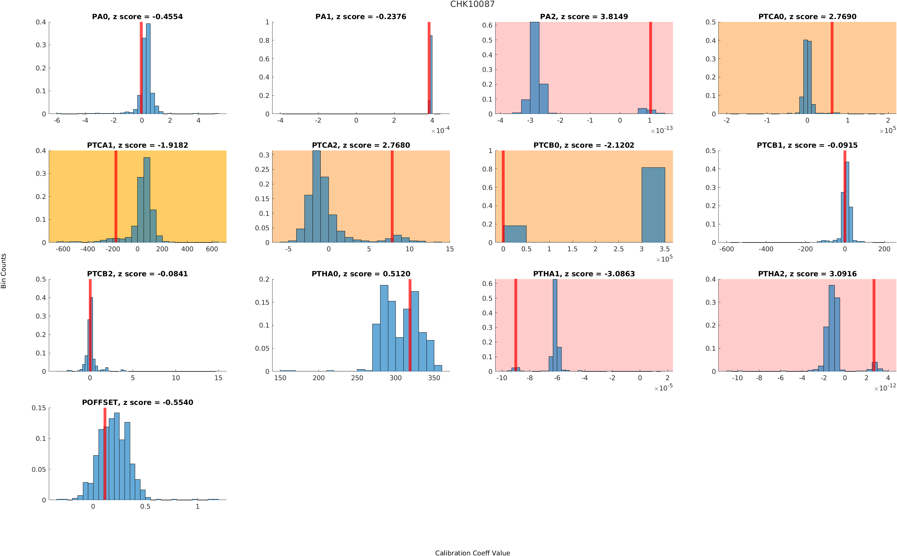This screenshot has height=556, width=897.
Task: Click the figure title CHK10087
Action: tap(472, 4)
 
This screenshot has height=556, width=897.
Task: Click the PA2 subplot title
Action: tap(584, 17)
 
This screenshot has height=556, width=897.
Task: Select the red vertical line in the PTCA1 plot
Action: tap(116, 196)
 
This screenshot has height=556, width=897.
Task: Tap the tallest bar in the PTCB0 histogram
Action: tap(653, 205)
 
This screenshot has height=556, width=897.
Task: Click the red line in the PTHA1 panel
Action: tap(515, 325)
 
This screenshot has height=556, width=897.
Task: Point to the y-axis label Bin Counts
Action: tap(4, 271)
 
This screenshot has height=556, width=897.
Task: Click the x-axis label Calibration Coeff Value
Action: tap(472, 553)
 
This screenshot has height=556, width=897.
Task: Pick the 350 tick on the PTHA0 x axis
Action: tap(434, 378)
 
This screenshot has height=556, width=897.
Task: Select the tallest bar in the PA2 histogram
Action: tap(534, 68)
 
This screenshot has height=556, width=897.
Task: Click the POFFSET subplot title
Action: tap(137, 402)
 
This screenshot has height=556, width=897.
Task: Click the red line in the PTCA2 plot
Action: tap(392, 196)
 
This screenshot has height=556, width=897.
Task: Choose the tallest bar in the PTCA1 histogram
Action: tap(147, 200)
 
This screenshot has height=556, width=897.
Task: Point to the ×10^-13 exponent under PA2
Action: tap(661, 130)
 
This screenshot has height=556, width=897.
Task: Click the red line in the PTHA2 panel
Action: tap(874, 325)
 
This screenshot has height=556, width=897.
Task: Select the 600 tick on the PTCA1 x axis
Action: tap(212, 249)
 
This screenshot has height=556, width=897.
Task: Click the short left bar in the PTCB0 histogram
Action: tap(515, 234)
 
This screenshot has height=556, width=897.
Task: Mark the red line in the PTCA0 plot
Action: tap(832, 68)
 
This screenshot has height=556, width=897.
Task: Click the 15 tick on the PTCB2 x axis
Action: tap(218, 378)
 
